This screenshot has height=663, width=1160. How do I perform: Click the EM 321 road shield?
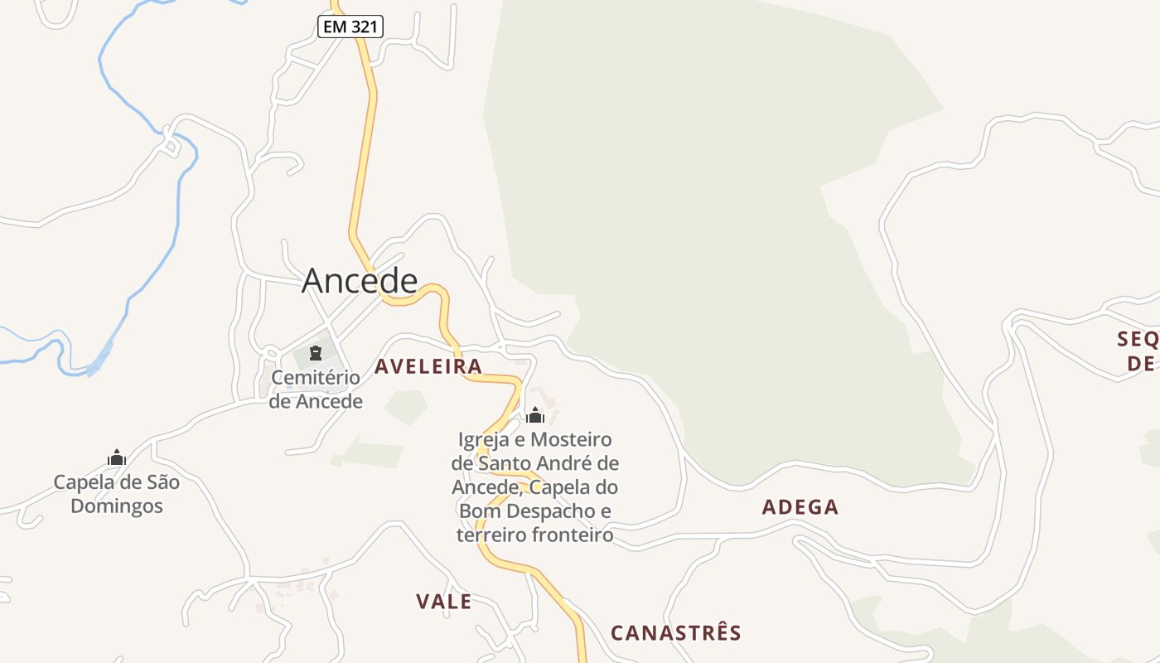[x=350, y=27]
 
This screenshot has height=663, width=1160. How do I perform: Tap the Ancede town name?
[x=359, y=280]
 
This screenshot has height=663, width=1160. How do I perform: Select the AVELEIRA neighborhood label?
[x=428, y=366]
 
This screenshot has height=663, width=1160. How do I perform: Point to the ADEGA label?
[x=800, y=507]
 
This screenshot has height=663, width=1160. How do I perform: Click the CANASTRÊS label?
[x=675, y=633]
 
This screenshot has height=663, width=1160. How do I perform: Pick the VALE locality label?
[x=443, y=602]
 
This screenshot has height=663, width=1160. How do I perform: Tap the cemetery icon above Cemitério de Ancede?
[x=315, y=354]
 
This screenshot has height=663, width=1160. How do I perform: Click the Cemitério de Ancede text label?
[x=316, y=390]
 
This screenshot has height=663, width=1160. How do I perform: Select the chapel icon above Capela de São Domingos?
[x=117, y=457]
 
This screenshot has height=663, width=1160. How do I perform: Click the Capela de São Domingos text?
[x=117, y=494]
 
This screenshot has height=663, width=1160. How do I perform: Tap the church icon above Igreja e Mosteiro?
[x=535, y=415]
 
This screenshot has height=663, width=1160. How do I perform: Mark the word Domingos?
[x=117, y=506]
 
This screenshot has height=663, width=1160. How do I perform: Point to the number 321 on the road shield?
[x=365, y=27]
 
